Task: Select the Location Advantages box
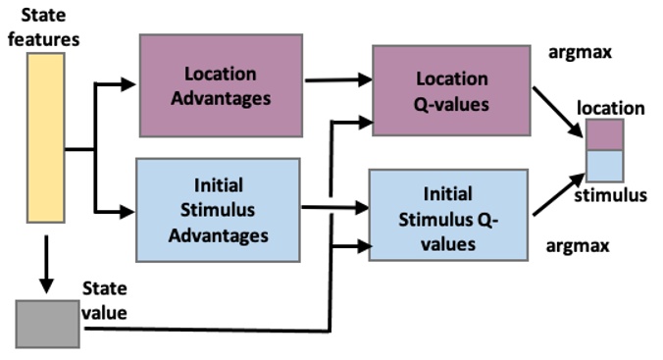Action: coord(220,84)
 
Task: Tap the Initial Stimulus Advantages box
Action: coord(217,210)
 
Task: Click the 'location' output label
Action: coord(610,107)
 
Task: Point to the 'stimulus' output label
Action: coord(614,195)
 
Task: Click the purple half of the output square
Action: coord(603,133)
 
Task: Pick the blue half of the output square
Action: coord(603,165)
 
